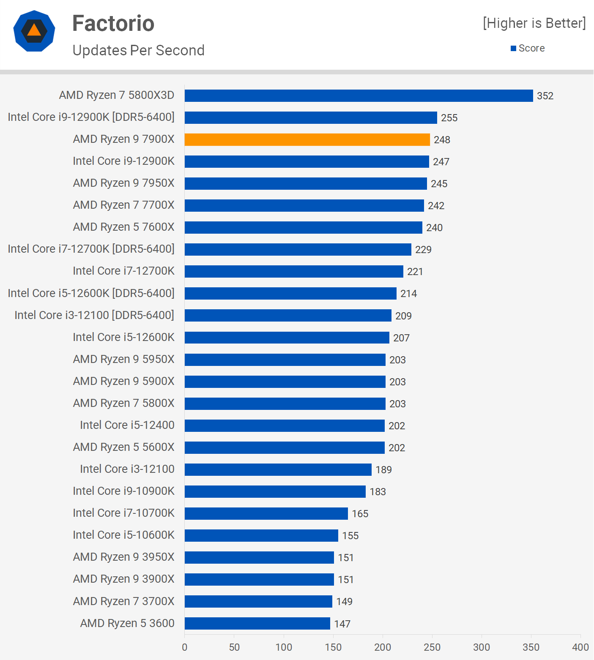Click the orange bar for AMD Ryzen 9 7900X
pyautogui.click(x=307, y=139)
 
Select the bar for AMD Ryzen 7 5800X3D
pyautogui.click(x=359, y=95)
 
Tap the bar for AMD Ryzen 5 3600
pyautogui.click(x=257, y=623)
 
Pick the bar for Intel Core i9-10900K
pyautogui.click(x=275, y=491)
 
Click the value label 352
pyautogui.click(x=545, y=96)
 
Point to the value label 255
pyautogui.click(x=449, y=118)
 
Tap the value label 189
pyautogui.click(x=383, y=469)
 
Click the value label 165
pyautogui.click(x=360, y=513)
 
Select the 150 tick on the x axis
pyautogui.click(x=333, y=647)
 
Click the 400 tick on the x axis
pyautogui.click(x=580, y=647)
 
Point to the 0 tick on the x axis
pyautogui.click(x=185, y=647)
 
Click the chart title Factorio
pyautogui.click(x=113, y=23)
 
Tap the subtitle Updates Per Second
pyautogui.click(x=138, y=50)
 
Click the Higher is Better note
pyautogui.click(x=534, y=23)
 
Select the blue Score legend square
pyautogui.click(x=513, y=49)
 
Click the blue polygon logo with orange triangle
pyautogui.click(x=34, y=31)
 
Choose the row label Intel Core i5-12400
pyautogui.click(x=127, y=425)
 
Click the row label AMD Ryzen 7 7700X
pyautogui.click(x=123, y=205)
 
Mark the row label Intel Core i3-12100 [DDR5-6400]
pyautogui.click(x=94, y=315)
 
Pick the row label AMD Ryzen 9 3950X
pyautogui.click(x=123, y=557)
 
